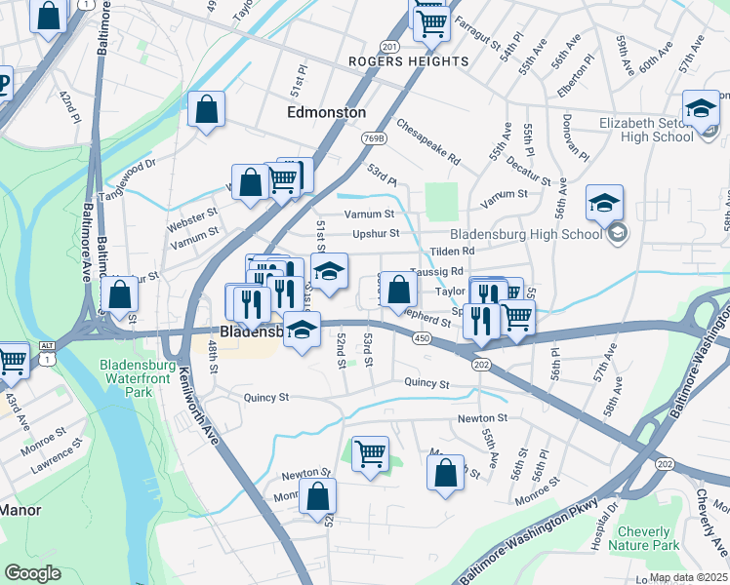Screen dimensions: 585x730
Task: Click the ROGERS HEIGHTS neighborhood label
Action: [x=409, y=61]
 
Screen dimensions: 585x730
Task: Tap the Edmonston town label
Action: [x=327, y=112]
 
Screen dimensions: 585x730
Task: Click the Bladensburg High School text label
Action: [x=526, y=234]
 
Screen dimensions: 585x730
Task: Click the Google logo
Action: [x=33, y=573]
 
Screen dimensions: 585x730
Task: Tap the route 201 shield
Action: [x=389, y=46]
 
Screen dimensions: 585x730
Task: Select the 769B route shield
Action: [x=377, y=138]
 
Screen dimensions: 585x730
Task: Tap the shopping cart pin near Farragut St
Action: [x=431, y=20]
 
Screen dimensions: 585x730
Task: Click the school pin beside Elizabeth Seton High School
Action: [x=701, y=108]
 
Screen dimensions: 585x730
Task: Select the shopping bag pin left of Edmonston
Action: [x=207, y=110]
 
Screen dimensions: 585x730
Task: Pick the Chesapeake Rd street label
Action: [x=427, y=141]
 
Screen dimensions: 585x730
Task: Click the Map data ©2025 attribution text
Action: [x=687, y=577]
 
